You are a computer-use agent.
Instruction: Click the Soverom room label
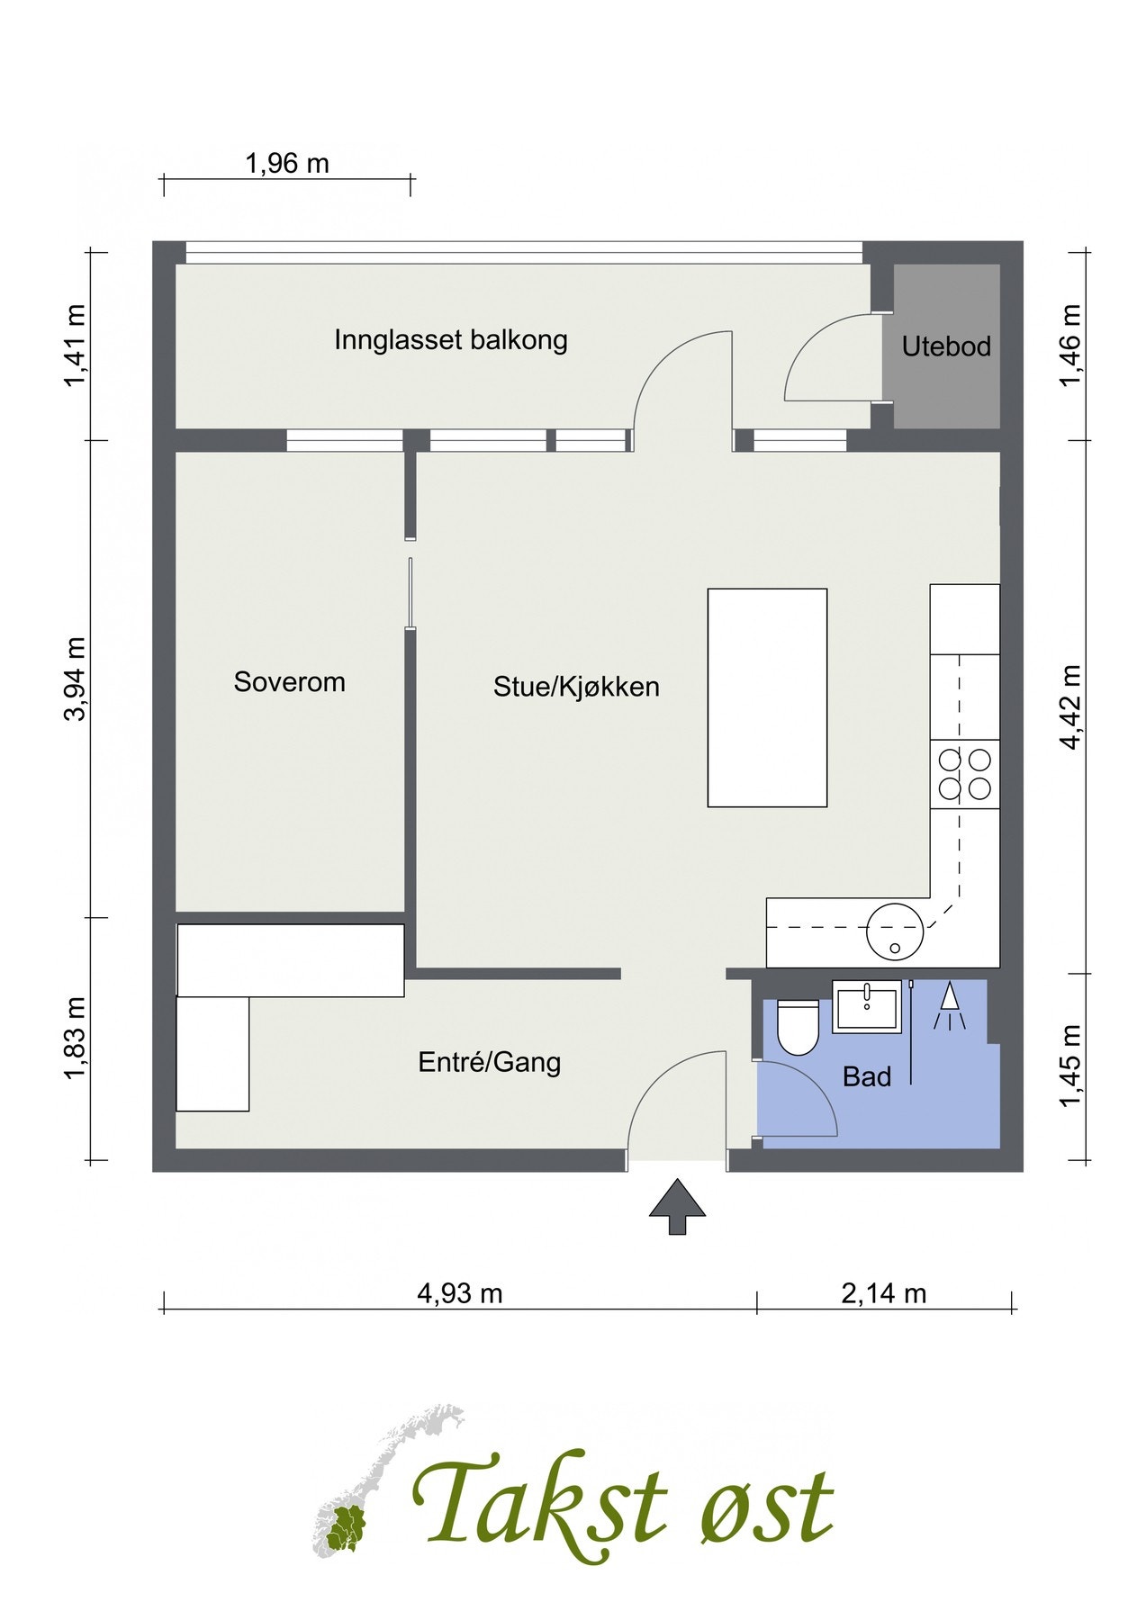pos(289,681)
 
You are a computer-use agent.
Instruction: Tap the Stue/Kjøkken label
pos(576,687)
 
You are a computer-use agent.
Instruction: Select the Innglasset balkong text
pos(450,340)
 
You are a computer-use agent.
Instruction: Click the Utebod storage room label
pos(946,346)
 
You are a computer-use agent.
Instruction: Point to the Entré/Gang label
pos(489,1062)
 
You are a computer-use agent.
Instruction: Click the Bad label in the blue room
pos(866,1076)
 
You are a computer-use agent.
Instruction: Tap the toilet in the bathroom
pos(798,1027)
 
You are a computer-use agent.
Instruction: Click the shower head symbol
pos(950,1007)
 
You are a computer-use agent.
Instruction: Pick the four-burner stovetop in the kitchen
pos(964,774)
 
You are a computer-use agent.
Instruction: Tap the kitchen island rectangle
pos(767,697)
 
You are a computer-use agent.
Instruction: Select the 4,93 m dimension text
pos(459,1293)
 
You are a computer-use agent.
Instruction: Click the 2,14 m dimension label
pos(883,1293)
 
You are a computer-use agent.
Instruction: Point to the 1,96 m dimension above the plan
pos(287,164)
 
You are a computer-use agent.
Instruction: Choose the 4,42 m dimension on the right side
pos(1070,706)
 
